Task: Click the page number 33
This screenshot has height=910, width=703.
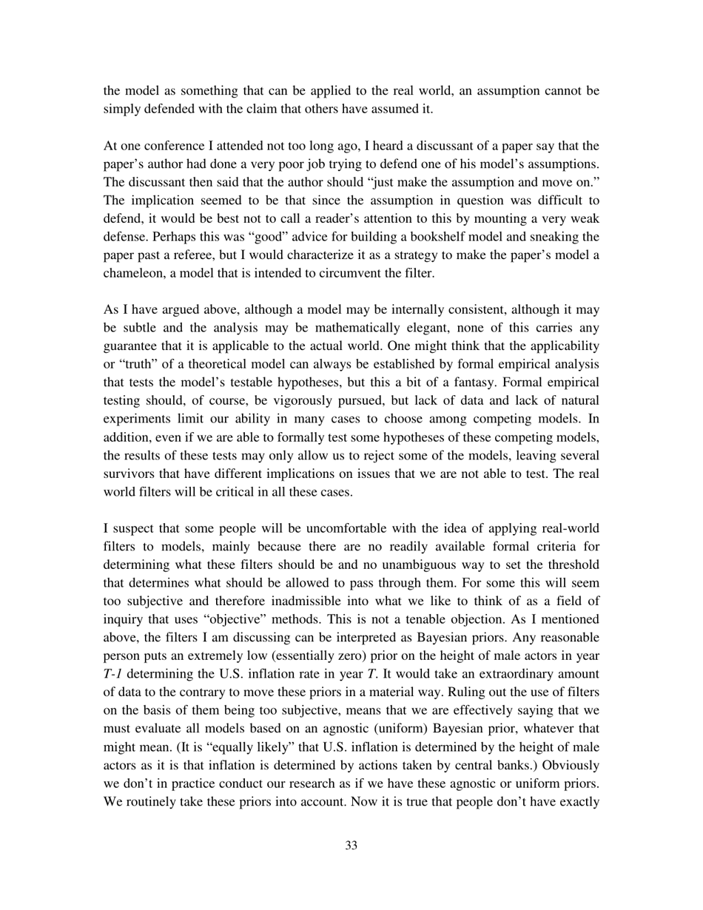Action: point(351,846)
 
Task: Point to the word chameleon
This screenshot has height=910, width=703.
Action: point(134,273)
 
